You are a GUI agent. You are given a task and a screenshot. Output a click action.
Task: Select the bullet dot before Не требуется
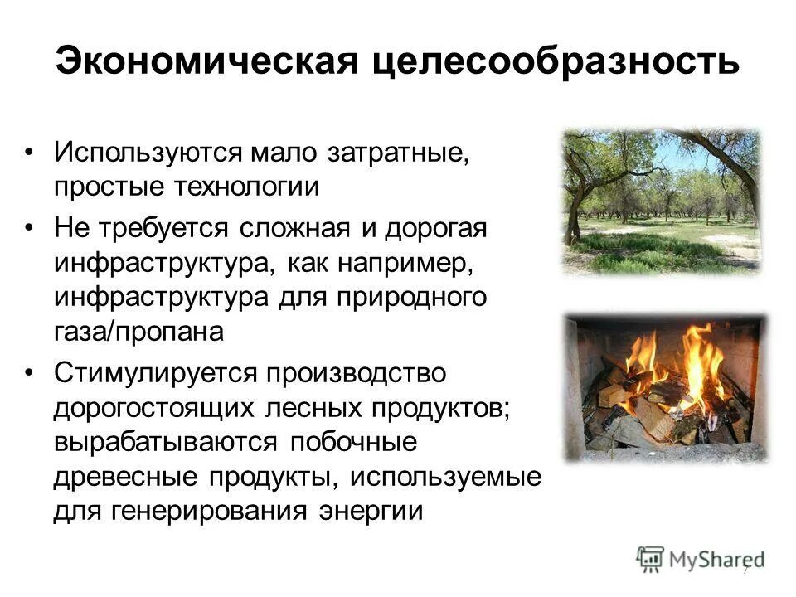30,227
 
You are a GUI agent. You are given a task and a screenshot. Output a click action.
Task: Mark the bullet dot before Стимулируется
30,372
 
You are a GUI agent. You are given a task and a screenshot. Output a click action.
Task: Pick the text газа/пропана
139,332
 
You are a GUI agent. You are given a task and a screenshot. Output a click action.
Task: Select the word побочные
353,443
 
